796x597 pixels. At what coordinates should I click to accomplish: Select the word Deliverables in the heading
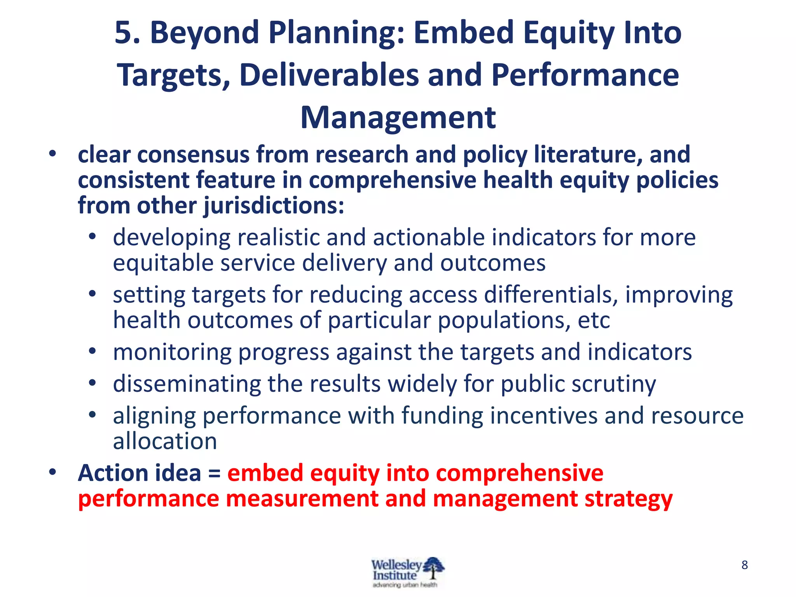tap(329, 75)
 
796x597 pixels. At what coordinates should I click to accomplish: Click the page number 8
tap(744, 565)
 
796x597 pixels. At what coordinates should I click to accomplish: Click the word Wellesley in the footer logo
tap(396, 564)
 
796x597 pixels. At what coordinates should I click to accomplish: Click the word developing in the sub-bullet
tap(171, 238)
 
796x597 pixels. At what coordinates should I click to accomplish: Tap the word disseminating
tap(187, 384)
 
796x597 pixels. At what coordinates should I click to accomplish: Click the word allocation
tap(165, 442)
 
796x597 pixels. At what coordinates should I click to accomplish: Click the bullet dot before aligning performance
tap(92, 415)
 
